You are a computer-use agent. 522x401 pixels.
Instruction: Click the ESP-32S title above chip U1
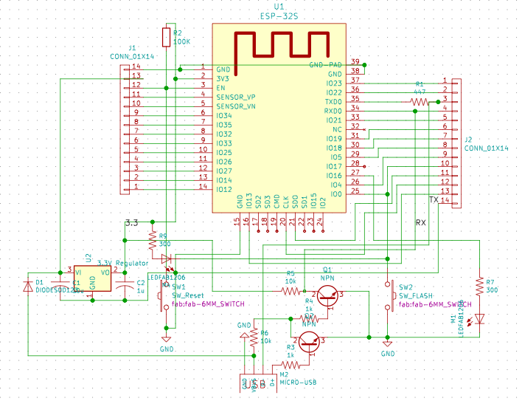click(x=278, y=14)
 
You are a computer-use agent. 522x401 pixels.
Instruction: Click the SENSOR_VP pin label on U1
click(x=236, y=97)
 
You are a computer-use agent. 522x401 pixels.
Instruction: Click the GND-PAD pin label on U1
click(x=325, y=65)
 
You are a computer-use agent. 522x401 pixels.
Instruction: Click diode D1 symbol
click(x=29, y=284)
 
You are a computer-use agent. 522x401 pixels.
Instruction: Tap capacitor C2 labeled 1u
click(x=130, y=284)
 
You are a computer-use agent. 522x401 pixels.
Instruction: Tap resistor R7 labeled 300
click(x=480, y=287)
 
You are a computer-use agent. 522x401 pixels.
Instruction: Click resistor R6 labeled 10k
click(x=254, y=337)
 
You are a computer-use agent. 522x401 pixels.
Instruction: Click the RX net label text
click(x=420, y=222)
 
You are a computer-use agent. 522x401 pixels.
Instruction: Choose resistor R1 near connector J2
click(x=420, y=100)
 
